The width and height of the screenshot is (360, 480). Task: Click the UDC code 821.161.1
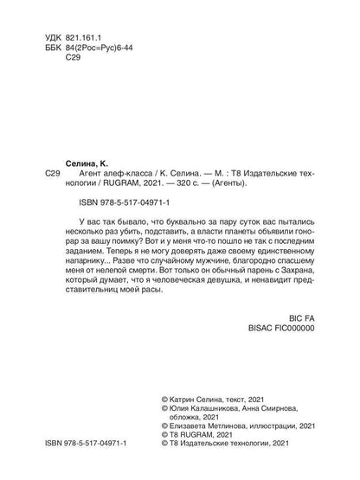point(86,41)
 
